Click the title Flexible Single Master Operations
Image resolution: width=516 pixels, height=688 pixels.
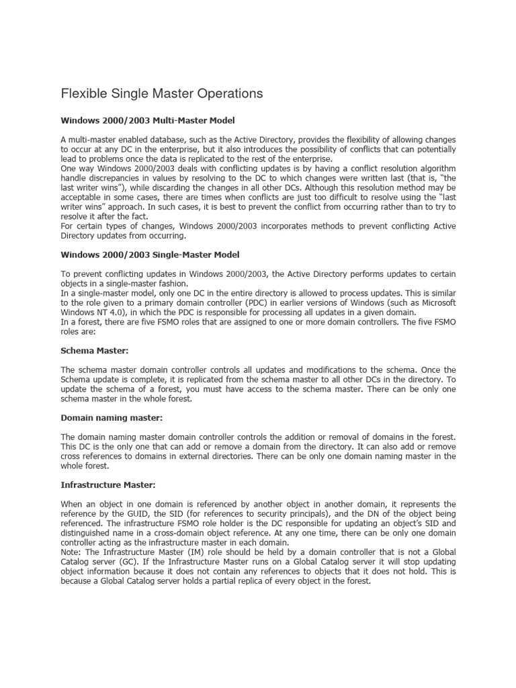tap(161, 93)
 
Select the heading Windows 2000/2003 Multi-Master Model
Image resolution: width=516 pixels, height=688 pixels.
tap(147, 121)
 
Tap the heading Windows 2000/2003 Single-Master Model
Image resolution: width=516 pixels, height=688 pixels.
tap(150, 255)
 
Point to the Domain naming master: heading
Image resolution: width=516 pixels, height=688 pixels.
tap(107, 417)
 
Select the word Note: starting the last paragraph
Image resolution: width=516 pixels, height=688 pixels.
tap(72, 552)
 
